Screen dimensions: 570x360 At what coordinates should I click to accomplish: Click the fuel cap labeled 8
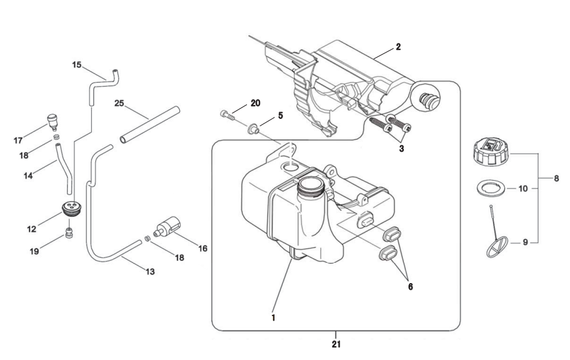coord(492,152)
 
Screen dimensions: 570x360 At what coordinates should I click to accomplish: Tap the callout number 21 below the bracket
coord(336,344)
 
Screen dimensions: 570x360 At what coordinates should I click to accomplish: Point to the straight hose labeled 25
coord(150,125)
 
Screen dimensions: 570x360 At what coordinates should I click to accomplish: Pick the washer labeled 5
coord(253,128)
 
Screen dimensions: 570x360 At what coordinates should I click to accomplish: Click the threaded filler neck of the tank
coord(311,186)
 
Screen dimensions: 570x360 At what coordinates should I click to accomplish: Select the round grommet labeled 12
coord(70,210)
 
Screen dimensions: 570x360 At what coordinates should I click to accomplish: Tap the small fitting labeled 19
coord(69,233)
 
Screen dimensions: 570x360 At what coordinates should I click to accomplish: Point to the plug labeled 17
coord(53,122)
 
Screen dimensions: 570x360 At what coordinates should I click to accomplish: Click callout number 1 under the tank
coord(273,318)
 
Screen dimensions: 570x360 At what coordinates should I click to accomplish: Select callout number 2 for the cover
coord(398,47)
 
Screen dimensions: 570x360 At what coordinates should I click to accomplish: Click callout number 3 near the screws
coord(401,148)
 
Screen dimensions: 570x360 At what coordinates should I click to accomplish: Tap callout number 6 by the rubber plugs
coord(410,286)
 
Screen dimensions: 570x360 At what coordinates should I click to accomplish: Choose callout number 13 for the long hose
coord(150,271)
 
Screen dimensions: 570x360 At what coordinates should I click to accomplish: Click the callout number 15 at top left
coord(77,65)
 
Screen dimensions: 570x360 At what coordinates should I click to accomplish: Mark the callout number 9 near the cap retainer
coord(525,242)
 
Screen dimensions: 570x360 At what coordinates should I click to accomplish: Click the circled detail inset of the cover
coord(426,97)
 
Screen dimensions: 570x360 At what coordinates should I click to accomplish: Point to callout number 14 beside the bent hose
coord(28,175)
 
